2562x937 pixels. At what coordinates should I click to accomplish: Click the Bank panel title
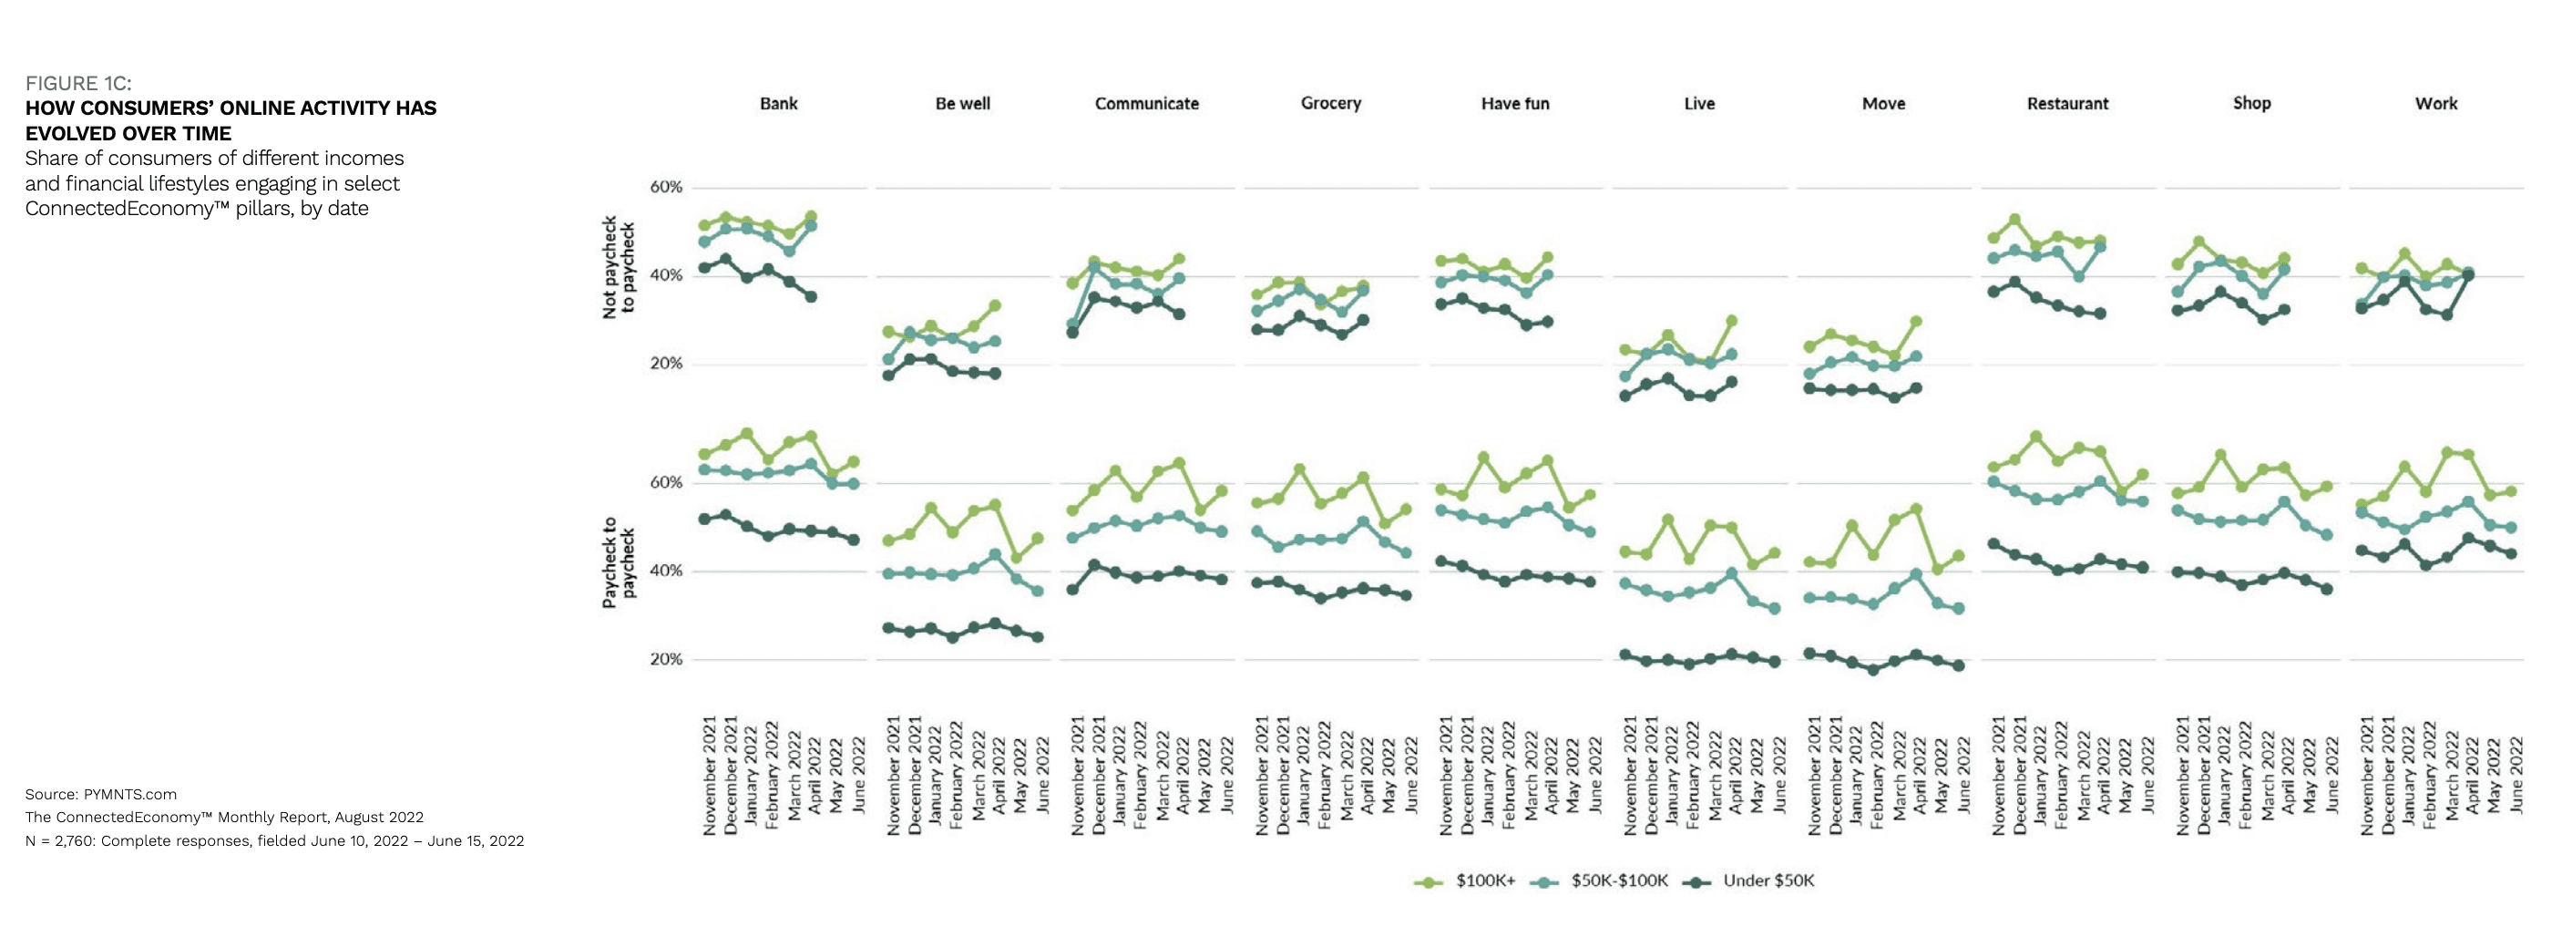pyautogui.click(x=778, y=103)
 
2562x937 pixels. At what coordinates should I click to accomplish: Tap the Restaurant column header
pyautogui.click(x=2066, y=103)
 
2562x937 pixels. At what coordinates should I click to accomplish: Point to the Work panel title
pyautogui.click(x=2435, y=103)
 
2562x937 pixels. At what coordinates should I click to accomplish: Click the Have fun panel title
pyautogui.click(x=1515, y=103)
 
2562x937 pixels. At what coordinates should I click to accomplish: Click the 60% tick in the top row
pyautogui.click(x=666, y=187)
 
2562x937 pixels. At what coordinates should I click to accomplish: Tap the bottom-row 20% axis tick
pyautogui.click(x=666, y=660)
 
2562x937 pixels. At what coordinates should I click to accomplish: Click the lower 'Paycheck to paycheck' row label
pyautogui.click(x=618, y=562)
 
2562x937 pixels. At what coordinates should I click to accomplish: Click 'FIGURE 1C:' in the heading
pyautogui.click(x=77, y=83)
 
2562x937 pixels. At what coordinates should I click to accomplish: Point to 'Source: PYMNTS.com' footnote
pyautogui.click(x=100, y=794)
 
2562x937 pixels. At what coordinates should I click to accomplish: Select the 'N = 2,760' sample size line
pyautogui.click(x=273, y=840)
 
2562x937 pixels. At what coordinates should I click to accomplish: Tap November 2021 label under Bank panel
pyautogui.click(x=710, y=776)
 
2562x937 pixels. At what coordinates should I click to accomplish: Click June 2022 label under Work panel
pyautogui.click(x=2516, y=776)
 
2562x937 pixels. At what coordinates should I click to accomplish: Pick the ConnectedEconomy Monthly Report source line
pyautogui.click(x=224, y=817)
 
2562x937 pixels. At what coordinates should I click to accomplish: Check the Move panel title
pyautogui.click(x=1882, y=103)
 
